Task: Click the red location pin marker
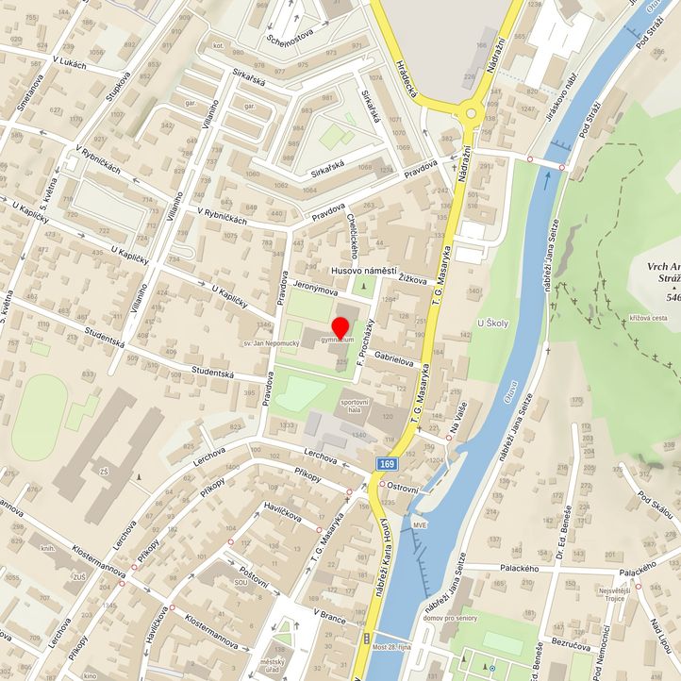coord(340,332)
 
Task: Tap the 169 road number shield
coord(387,464)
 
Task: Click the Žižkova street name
coord(412,280)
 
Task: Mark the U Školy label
coord(491,324)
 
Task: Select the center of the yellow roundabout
coord(469,112)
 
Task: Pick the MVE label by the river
coord(420,524)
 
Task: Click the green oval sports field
coord(36,416)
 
